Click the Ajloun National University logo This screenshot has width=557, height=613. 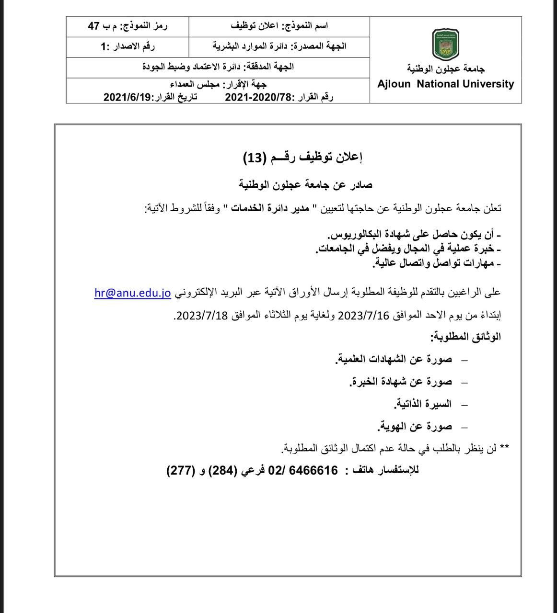click(x=445, y=44)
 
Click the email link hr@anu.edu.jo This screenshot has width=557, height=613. click(x=133, y=293)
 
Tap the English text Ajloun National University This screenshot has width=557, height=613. click(x=445, y=84)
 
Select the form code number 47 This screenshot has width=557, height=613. click(x=93, y=26)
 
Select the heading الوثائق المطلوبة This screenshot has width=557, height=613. click(x=465, y=337)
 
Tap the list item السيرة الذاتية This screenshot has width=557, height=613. click(x=423, y=404)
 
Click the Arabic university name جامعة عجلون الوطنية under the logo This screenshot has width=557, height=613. click(x=446, y=69)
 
